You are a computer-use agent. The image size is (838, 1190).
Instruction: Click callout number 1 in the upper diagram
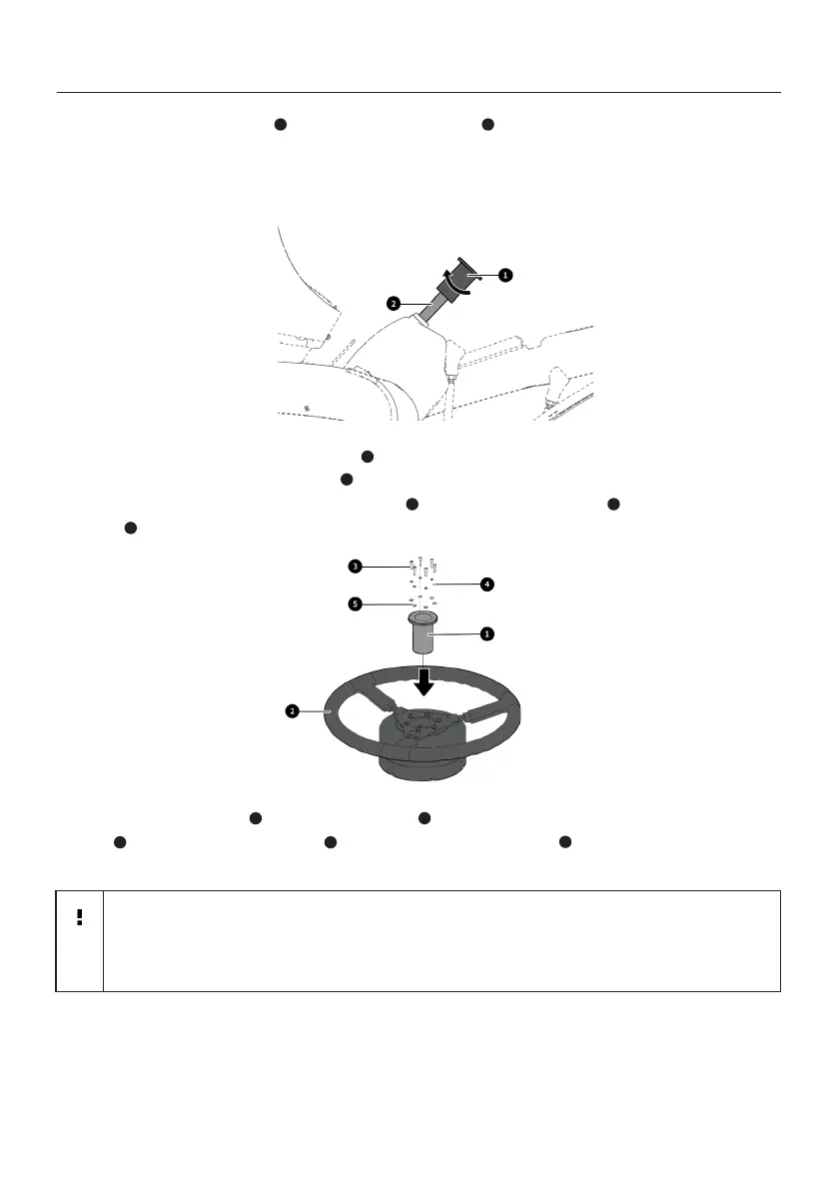pyautogui.click(x=505, y=273)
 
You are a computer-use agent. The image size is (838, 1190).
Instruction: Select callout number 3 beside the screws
pyautogui.click(x=355, y=567)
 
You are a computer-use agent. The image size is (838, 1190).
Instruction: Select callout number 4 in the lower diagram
pyautogui.click(x=487, y=583)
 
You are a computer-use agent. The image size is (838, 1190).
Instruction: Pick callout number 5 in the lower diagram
pyautogui.click(x=355, y=603)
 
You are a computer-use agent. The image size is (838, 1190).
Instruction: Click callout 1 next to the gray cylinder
pyautogui.click(x=486, y=633)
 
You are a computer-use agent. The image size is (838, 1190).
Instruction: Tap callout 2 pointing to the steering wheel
pyautogui.click(x=292, y=710)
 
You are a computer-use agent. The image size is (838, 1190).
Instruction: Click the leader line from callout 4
pyautogui.click(x=459, y=581)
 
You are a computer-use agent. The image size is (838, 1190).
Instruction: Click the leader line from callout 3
pyautogui.click(x=385, y=567)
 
